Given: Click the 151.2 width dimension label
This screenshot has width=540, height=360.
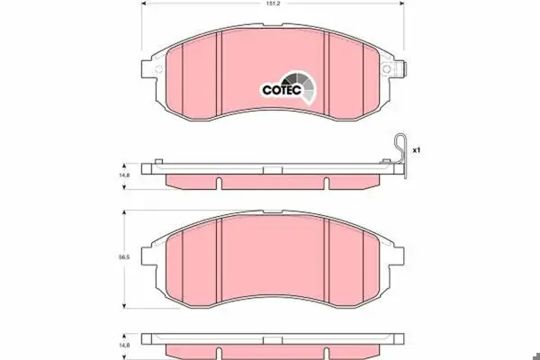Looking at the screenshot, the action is point(273,4).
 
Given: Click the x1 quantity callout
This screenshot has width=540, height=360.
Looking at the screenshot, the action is point(417,150).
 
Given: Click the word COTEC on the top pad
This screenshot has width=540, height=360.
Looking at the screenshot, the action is point(282,90).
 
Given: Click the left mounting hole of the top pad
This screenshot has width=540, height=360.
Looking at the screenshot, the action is point(158,69).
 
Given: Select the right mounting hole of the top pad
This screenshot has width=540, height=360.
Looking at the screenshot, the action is point(386,69).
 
